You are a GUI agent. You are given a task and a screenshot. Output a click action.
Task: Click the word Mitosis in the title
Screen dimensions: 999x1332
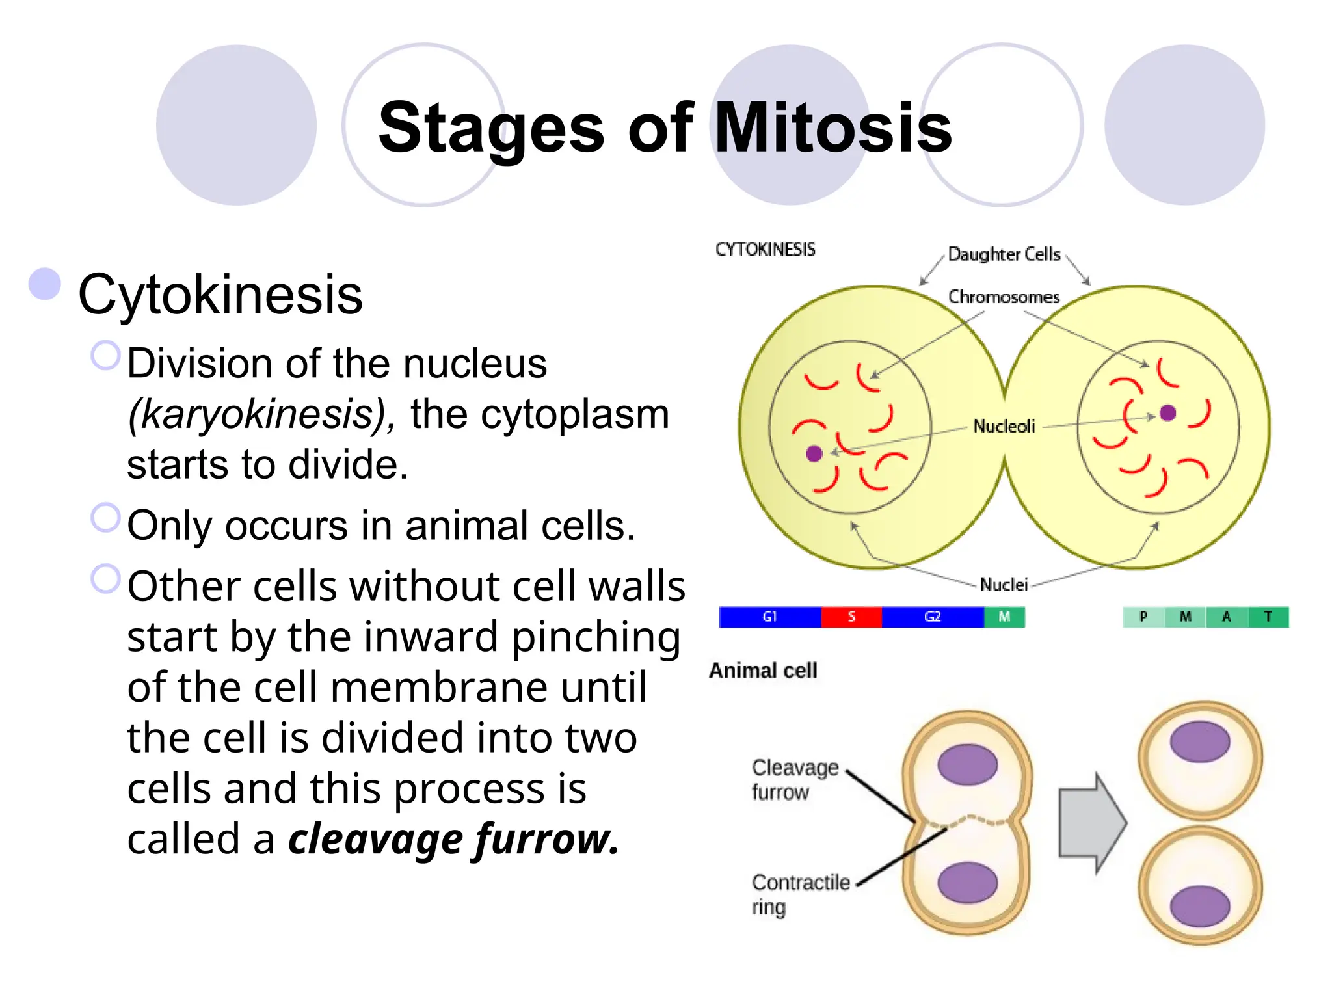pos(832,128)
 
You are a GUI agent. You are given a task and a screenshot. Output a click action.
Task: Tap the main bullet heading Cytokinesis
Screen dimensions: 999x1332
pos(220,295)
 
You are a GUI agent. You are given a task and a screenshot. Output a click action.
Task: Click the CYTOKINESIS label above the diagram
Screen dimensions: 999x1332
pos(765,250)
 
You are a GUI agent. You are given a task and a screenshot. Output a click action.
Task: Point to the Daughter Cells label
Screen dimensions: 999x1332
pos(1004,254)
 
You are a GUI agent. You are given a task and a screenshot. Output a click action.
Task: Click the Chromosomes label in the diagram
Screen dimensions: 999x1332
pos(1004,297)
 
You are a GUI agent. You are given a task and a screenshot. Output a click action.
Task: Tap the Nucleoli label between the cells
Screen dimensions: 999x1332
pos(1004,427)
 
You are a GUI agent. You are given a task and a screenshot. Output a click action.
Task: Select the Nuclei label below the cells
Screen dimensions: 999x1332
pos(1004,585)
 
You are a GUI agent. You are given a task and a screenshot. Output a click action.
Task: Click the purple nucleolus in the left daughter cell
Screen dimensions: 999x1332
pos(814,453)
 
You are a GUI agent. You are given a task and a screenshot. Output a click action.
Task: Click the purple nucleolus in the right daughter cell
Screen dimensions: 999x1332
pos(1167,413)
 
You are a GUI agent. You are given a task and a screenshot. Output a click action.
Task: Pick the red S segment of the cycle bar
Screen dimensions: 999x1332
pos(851,617)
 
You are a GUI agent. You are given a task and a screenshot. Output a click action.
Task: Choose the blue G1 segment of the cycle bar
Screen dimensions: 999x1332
pos(769,617)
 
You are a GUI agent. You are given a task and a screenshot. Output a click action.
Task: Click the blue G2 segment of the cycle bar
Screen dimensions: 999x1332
pos(932,617)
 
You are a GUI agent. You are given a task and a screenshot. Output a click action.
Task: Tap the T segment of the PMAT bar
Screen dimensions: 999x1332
pos(1268,617)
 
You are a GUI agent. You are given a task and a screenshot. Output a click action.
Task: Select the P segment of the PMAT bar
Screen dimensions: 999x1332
pos(1143,617)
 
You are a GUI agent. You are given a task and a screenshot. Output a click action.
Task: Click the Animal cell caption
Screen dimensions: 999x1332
pos(763,671)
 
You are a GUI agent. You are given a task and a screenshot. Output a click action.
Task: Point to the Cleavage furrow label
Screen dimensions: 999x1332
pos(794,780)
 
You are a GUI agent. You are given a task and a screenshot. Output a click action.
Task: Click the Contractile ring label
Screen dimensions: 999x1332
pos(800,894)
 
